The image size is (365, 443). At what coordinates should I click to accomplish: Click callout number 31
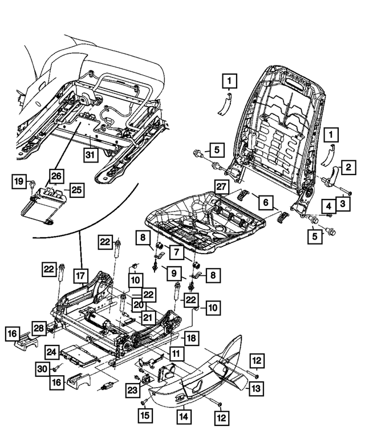[x=88, y=155]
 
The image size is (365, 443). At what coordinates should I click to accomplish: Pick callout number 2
[x=346, y=168]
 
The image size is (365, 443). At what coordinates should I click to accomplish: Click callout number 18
[x=192, y=338]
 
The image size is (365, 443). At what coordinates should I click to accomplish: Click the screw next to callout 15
[x=141, y=403]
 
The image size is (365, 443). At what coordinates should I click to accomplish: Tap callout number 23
[x=133, y=390]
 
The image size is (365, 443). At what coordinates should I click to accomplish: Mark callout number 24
[x=52, y=352]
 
